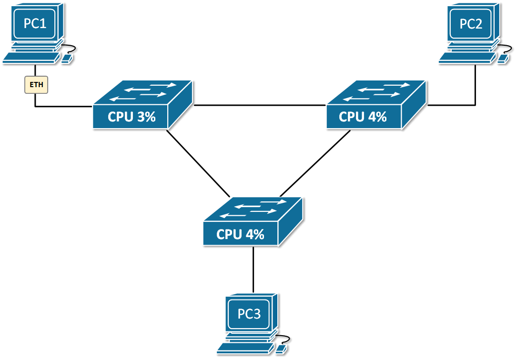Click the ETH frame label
click(36, 85)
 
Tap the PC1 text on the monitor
click(35, 23)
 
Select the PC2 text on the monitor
click(471, 24)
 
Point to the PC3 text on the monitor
click(249, 315)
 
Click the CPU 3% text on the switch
click(132, 117)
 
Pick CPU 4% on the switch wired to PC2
click(363, 117)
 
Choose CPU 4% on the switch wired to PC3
click(240, 234)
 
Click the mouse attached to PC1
click(68, 59)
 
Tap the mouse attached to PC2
click(503, 59)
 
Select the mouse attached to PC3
click(282, 350)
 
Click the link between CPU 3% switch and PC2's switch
click(260, 105)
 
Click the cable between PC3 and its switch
click(253, 269)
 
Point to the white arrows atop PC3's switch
click(253, 210)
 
